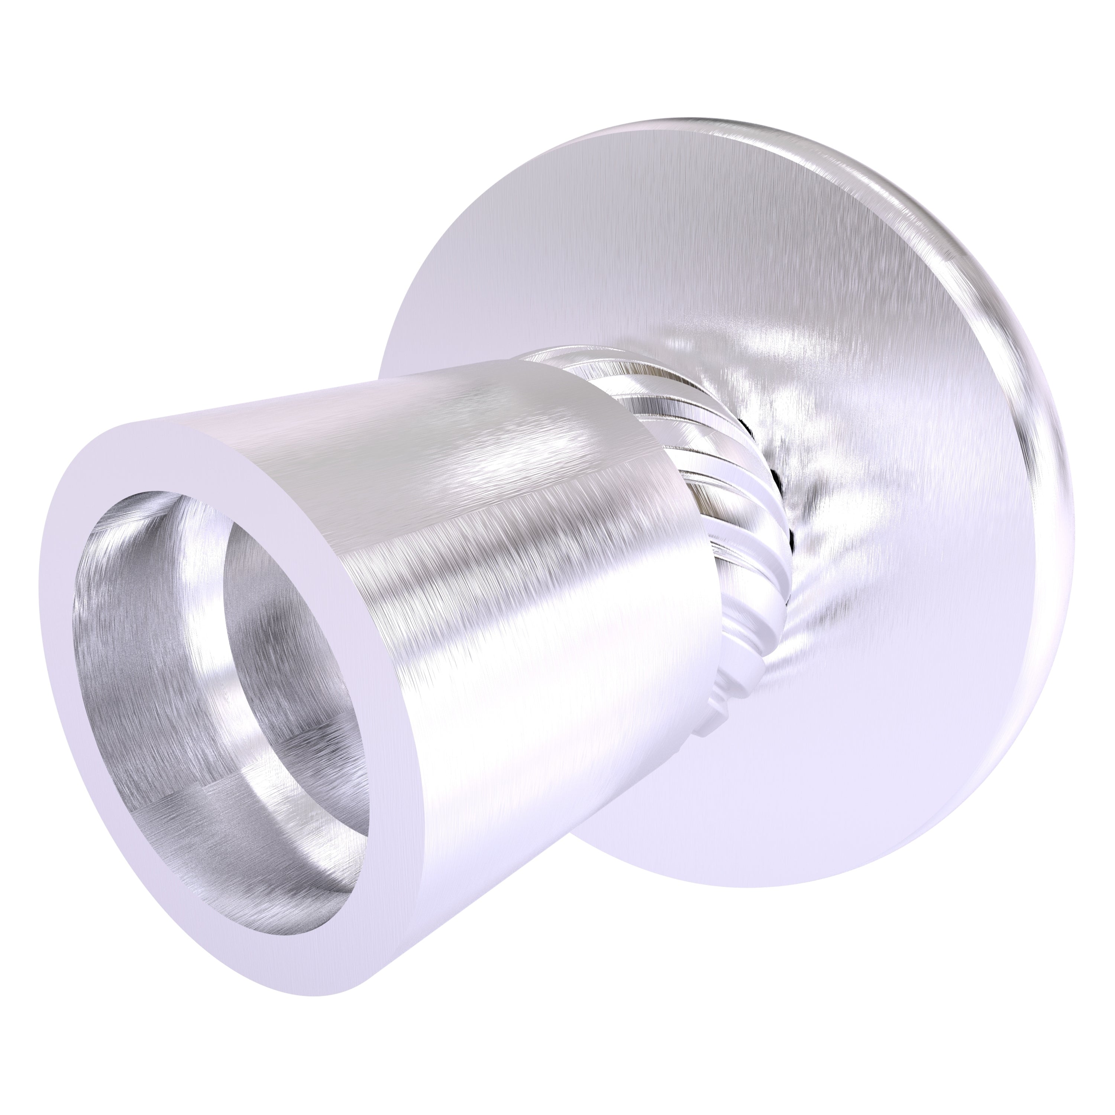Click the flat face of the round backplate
pyautogui.click(x=664, y=242)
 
